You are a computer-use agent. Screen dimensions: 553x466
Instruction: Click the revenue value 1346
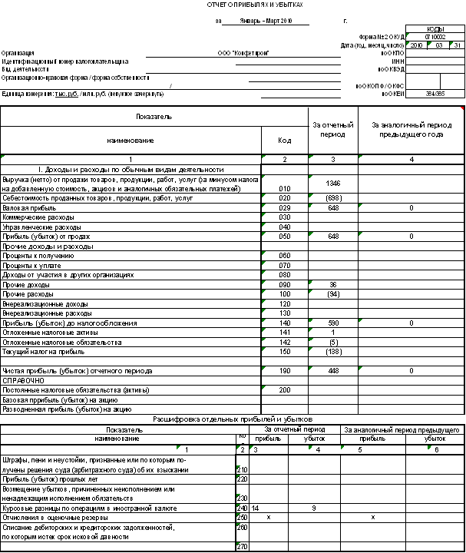coord(332,184)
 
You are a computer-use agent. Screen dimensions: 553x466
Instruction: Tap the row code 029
coord(285,208)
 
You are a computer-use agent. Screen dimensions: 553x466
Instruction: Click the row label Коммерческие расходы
coord(34,217)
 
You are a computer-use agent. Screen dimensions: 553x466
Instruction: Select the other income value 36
coord(332,284)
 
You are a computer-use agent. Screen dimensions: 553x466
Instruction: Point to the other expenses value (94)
coord(332,294)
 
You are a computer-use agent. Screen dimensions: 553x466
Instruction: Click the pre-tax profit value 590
coord(332,323)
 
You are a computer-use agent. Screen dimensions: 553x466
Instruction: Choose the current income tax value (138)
coord(332,352)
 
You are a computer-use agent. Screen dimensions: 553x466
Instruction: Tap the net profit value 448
coord(332,371)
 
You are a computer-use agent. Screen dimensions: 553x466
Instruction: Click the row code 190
coord(285,371)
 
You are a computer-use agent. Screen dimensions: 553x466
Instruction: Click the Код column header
coord(285,141)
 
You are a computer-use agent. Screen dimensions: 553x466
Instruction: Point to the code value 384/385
coord(435,94)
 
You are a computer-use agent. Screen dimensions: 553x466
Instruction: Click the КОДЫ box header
coord(435,28)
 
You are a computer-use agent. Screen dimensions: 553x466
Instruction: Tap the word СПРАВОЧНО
coord(23,380)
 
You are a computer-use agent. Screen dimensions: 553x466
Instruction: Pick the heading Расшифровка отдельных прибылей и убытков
coord(233,419)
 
